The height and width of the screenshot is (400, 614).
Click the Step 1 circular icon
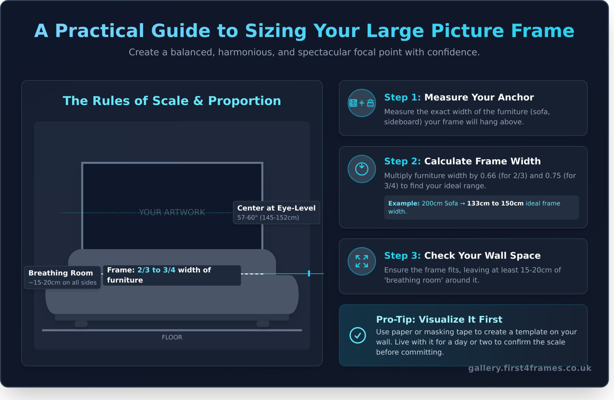[x=362, y=103]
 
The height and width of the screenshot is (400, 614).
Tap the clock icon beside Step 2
[x=362, y=169]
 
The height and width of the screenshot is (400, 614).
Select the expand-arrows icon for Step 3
[x=362, y=261]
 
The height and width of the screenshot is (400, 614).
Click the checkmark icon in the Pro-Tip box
[x=358, y=335]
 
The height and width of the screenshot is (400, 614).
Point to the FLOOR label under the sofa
[x=172, y=337]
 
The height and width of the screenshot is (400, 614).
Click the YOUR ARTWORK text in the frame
[x=172, y=212]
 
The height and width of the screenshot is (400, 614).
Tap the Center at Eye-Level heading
[x=276, y=208]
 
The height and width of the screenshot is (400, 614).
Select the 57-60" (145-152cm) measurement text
[x=268, y=218]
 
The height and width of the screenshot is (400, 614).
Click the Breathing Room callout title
[x=60, y=273]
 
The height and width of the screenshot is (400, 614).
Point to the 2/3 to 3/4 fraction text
[x=156, y=270]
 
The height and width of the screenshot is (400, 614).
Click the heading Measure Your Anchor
[x=479, y=97]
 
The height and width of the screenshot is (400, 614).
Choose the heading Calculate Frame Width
[x=482, y=161]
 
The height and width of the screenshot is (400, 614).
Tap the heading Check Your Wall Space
[x=482, y=255]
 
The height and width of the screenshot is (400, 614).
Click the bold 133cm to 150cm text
[x=495, y=204]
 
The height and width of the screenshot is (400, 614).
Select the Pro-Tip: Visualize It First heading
[x=439, y=320]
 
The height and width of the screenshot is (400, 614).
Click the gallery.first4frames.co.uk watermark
[x=530, y=368]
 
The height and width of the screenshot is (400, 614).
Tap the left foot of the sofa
[x=81, y=324]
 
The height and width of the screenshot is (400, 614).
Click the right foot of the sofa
[x=263, y=324]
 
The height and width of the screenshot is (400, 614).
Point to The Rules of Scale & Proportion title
[x=172, y=101]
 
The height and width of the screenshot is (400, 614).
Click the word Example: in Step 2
[x=404, y=204]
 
